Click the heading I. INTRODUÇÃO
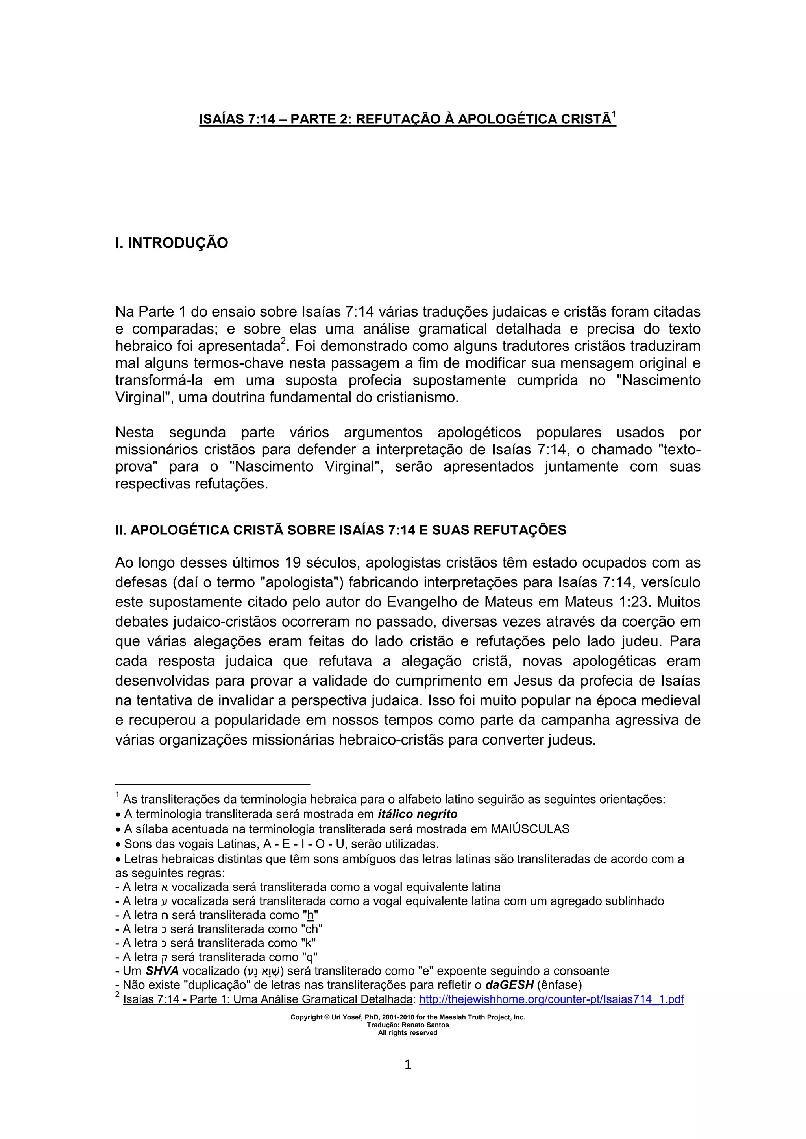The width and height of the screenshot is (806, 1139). coord(171,243)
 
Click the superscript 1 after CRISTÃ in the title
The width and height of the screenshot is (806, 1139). coord(614,115)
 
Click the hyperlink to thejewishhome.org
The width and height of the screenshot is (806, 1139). coord(551,999)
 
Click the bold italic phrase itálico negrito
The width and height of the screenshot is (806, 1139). coord(418,814)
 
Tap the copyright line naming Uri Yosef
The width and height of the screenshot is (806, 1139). coord(407,1017)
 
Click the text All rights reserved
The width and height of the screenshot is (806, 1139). coord(407,1033)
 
